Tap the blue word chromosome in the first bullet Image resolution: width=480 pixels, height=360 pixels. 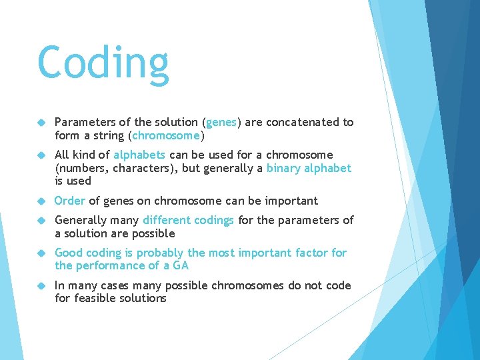[x=166, y=136]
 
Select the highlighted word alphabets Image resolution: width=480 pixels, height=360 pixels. [x=139, y=155]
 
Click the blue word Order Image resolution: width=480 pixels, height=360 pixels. [x=70, y=201]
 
